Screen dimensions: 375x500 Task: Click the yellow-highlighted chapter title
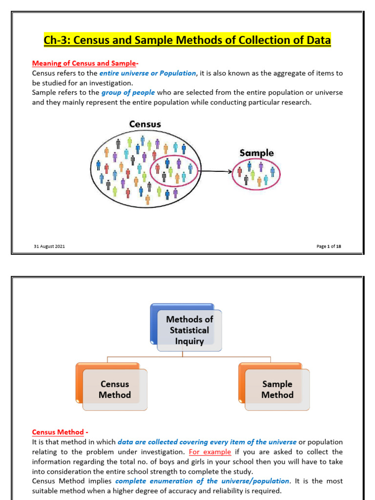pos(187,40)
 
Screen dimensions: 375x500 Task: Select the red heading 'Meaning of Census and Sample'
pos(84,63)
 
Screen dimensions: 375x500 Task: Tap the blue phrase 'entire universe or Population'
pos(147,73)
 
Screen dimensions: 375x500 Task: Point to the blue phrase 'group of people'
pos(128,92)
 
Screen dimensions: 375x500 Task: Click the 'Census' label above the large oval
pos(145,124)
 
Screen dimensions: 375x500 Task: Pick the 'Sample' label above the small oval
pos(257,153)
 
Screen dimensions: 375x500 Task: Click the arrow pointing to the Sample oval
pos(215,171)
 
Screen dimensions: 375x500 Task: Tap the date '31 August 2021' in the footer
pos(49,246)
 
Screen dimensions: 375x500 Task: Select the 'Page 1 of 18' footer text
pos(329,246)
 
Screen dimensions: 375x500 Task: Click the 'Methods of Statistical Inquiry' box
pos(186,328)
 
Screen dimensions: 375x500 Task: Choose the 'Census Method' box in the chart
pos(112,387)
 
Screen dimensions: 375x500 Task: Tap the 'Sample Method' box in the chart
pos(274,387)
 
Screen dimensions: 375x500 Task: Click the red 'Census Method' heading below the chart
pos(58,432)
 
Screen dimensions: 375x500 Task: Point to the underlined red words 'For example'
pos(210,452)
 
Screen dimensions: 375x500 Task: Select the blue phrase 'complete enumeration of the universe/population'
pos(202,481)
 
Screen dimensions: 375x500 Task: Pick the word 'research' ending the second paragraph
pos(295,103)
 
